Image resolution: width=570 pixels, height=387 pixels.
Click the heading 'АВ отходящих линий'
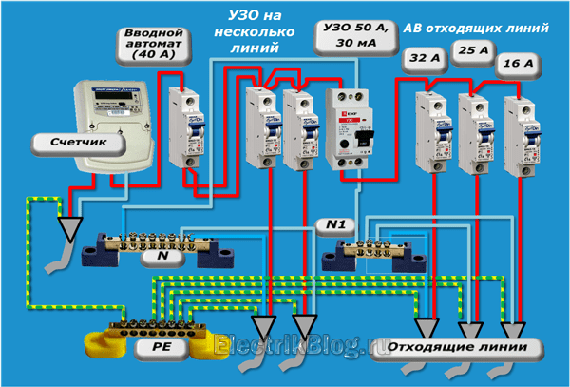(x=471, y=26)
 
